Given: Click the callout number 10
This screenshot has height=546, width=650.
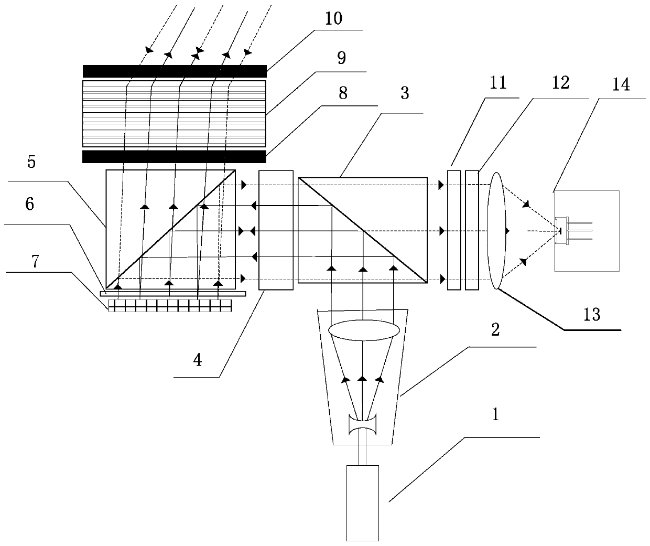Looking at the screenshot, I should click(x=333, y=19).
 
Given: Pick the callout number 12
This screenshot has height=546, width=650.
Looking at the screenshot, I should click(x=560, y=83).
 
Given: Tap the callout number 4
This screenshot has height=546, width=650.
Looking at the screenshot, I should click(x=198, y=361).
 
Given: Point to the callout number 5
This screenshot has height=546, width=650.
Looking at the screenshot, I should click(x=31, y=162).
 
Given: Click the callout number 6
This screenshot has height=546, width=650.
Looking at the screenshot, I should click(x=29, y=205).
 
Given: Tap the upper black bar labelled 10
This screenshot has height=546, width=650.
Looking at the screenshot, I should click(x=174, y=71).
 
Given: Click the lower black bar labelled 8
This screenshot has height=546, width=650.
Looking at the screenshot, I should click(x=174, y=156).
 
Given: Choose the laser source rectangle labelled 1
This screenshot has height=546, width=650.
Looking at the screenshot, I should click(x=363, y=502).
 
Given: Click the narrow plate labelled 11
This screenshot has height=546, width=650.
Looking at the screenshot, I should click(x=454, y=229).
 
